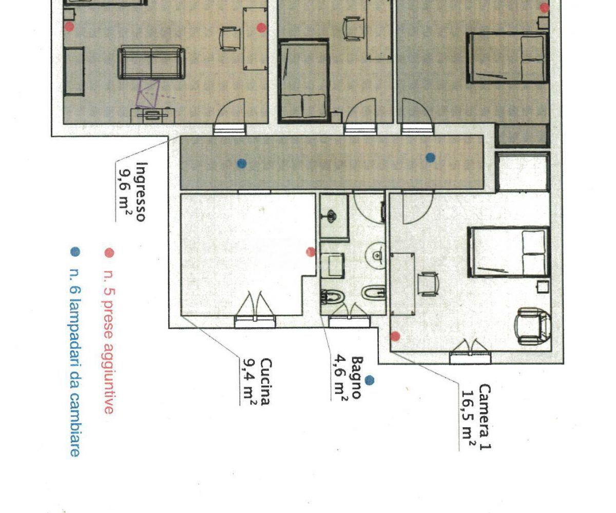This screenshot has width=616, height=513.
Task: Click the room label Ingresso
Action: tap(141, 192)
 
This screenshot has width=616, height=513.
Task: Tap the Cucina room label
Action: tap(265, 382)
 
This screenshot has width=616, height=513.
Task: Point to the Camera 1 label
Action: tap(484, 417)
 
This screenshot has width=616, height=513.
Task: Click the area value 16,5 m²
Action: tap(469, 419)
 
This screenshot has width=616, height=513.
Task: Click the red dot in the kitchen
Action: tap(311, 252)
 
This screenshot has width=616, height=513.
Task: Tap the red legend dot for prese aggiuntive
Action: tap(109, 253)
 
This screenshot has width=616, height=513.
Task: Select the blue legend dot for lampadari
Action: tap(75, 252)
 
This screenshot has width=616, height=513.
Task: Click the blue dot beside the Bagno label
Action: tap(370, 380)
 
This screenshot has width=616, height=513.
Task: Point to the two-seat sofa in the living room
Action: tap(151, 62)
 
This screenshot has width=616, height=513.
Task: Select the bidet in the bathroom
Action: tap(374, 293)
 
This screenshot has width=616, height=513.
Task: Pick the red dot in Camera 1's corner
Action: tap(395, 337)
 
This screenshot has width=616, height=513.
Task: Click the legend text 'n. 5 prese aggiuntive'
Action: tap(109, 342)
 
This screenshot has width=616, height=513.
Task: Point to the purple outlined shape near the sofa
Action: tap(147, 94)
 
